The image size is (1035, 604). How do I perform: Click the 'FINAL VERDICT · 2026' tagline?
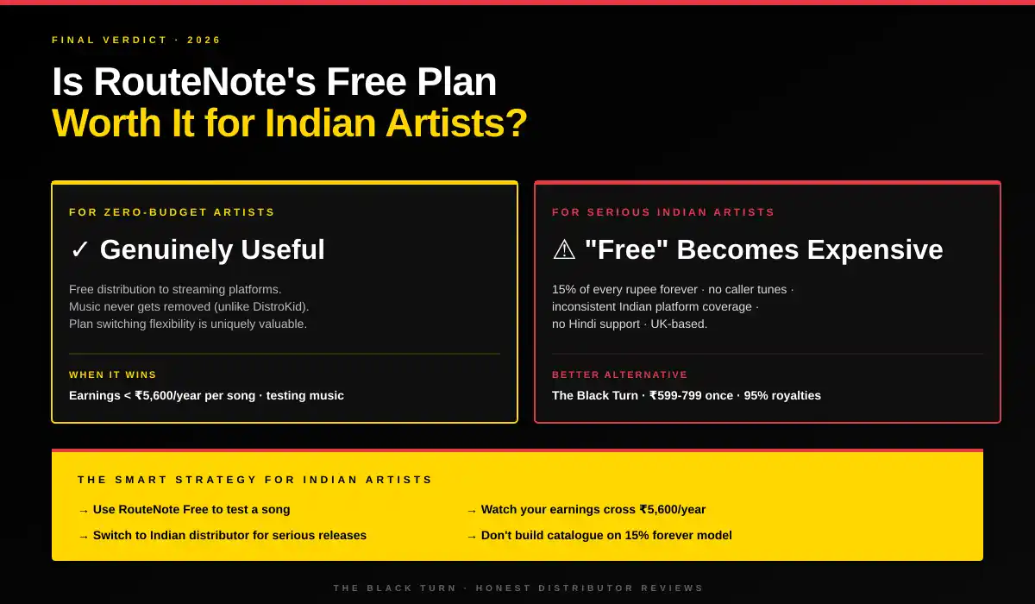point(136,40)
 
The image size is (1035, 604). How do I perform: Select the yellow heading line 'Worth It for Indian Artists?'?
point(289,123)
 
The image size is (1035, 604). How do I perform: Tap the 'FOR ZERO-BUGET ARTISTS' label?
point(172,212)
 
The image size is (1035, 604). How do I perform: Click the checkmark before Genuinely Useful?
point(79,250)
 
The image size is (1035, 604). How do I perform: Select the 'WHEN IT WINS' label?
point(113,375)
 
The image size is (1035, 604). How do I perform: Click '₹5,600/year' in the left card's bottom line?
point(172,396)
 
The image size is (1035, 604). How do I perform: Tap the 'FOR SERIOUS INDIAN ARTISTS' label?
point(663,212)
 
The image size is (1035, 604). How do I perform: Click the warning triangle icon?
point(563,250)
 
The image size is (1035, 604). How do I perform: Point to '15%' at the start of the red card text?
point(563,289)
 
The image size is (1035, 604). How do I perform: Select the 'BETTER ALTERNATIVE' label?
point(619,375)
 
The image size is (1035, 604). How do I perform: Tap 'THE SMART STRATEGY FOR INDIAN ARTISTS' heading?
point(254,480)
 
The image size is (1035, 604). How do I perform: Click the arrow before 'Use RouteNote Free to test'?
point(83,511)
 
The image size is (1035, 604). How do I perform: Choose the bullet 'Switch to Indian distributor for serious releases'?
point(229,536)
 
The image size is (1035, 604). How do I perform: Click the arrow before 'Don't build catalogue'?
point(471,537)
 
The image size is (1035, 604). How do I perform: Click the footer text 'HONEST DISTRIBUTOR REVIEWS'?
point(590,588)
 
